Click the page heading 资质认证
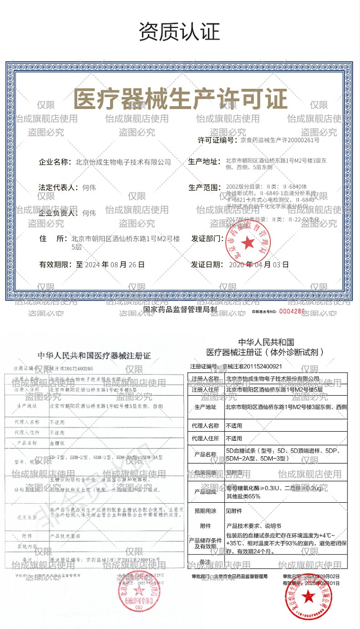click(180, 32)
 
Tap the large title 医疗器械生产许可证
click(180, 99)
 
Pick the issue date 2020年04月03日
click(259, 264)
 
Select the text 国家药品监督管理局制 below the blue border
click(180, 310)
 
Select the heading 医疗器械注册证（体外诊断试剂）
click(268, 352)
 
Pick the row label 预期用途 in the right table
click(205, 509)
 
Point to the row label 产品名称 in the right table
click(205, 454)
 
